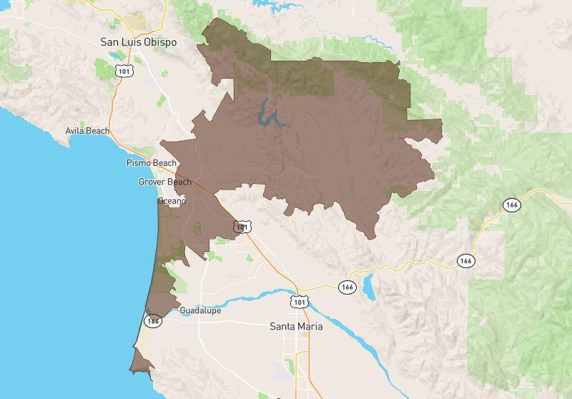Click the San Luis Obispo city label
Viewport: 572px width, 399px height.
138,42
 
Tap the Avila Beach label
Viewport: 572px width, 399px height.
87,131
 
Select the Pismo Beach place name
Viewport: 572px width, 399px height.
151,163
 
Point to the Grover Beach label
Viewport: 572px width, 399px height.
164,182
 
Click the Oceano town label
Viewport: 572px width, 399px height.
172,201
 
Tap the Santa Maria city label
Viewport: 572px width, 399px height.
295,326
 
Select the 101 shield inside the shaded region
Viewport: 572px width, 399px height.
243,227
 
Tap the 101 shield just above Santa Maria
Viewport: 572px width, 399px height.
300,302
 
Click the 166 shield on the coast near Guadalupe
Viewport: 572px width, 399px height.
153,320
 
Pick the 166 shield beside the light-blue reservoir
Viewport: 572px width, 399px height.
347,287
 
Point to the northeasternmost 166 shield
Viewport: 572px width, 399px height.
511,205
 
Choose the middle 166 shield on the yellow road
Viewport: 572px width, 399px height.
465,260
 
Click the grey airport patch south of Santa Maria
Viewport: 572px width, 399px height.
277,370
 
